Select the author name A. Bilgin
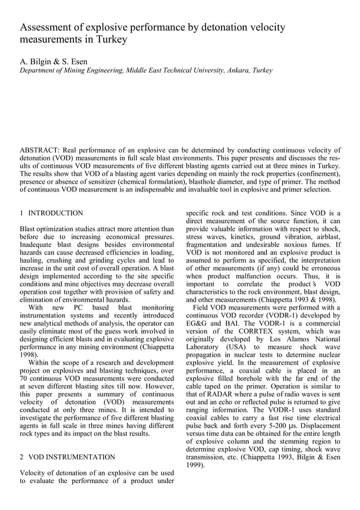[36, 61]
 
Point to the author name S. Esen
[73, 61]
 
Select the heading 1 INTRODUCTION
[51, 213]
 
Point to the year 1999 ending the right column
[195, 465]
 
